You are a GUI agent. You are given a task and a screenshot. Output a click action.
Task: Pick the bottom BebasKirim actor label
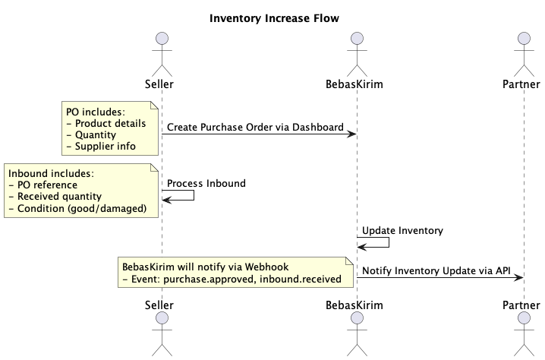pyautogui.click(x=356, y=305)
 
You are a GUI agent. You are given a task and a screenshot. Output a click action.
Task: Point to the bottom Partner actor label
pyautogui.click(x=522, y=305)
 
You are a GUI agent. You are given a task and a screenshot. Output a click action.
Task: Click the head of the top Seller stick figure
pyautogui.click(x=160, y=39)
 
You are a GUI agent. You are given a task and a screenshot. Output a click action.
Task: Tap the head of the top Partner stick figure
pyautogui.click(x=523, y=39)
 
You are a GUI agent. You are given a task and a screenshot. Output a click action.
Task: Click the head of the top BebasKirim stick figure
pyautogui.click(x=357, y=39)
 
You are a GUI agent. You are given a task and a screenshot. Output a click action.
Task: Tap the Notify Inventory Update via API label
pyautogui.click(x=436, y=270)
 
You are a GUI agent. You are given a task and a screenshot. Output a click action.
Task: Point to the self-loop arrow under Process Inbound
pyautogui.click(x=182, y=196)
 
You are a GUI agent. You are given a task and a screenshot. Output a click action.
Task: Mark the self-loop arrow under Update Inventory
pyautogui.click(x=378, y=242)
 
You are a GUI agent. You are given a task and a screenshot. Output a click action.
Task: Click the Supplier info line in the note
pyautogui.click(x=101, y=146)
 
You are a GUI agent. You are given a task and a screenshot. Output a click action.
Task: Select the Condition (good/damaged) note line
pyautogui.click(x=77, y=208)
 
